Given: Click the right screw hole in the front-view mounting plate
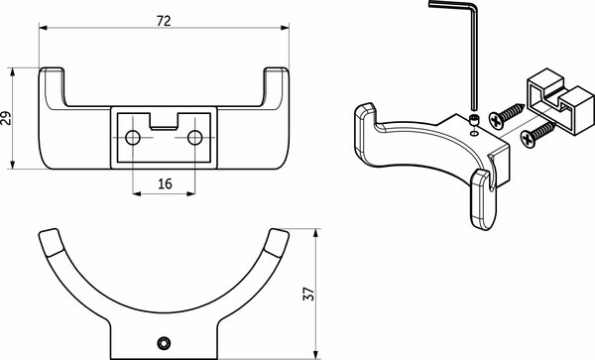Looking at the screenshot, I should click(x=195, y=136).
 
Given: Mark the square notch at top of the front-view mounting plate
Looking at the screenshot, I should click(x=165, y=120).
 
